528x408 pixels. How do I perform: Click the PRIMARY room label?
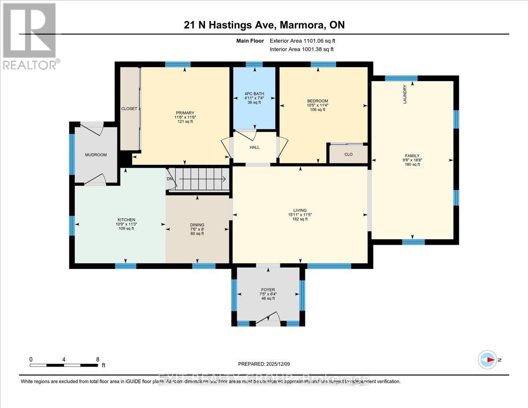(x=184, y=113)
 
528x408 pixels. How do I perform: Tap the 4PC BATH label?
(x=253, y=93)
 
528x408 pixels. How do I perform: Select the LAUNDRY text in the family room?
(x=405, y=94)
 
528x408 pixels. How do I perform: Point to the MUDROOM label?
(x=96, y=155)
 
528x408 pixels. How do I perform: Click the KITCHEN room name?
(x=126, y=220)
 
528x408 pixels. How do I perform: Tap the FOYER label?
(x=268, y=290)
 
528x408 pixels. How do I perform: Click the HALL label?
(x=254, y=147)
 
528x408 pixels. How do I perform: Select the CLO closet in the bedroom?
(x=348, y=154)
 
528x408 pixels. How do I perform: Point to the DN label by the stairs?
(x=170, y=179)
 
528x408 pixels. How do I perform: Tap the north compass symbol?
(x=488, y=360)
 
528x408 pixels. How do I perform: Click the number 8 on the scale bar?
(x=98, y=359)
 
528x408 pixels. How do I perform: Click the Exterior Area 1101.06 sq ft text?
(x=305, y=41)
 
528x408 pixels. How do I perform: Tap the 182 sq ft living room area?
(x=300, y=219)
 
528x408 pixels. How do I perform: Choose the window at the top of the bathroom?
(x=254, y=64)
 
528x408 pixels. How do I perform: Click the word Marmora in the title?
(x=304, y=25)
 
